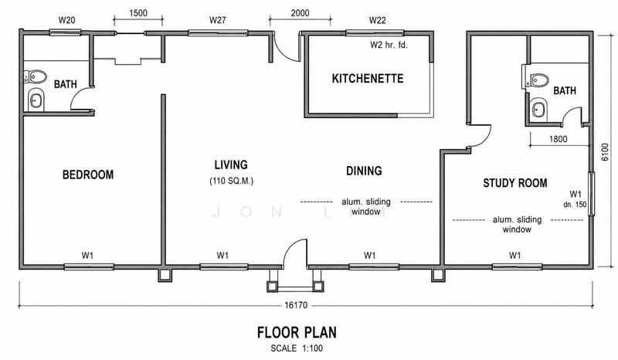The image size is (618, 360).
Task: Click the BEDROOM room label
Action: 88,175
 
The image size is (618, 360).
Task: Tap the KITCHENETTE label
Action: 368,79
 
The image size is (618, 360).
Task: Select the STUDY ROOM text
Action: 515,183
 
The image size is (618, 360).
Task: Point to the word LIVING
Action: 231,165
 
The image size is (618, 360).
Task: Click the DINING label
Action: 364,171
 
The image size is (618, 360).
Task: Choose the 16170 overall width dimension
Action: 296,305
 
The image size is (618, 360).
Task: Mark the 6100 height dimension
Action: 605,152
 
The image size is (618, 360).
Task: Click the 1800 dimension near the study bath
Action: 558,139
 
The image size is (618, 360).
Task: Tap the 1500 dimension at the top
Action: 138,13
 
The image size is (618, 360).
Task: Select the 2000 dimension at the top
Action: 300,13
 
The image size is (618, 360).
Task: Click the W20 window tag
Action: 66,20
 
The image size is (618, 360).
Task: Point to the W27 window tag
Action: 218,20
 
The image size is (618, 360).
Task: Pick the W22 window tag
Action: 377,20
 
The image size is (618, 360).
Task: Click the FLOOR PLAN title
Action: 297,332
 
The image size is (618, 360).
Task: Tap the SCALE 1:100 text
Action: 297,348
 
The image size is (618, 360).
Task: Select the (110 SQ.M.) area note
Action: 231,181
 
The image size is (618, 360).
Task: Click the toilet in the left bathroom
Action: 35,76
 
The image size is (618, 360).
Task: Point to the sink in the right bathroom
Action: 538,109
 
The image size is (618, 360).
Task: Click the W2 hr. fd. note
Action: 389,45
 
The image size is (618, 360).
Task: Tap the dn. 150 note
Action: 575,205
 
